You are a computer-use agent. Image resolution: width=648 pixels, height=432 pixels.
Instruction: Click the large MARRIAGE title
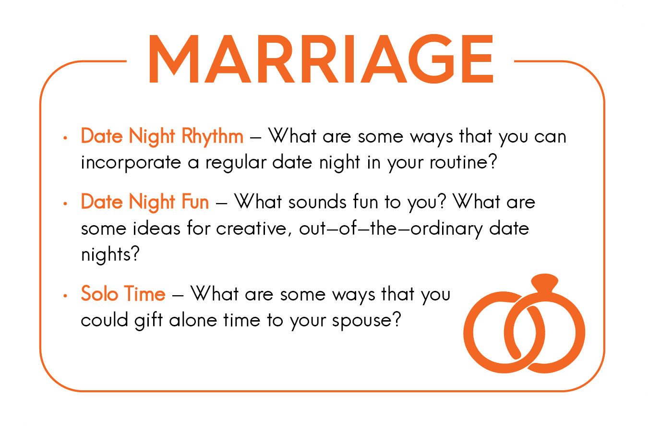point(321,59)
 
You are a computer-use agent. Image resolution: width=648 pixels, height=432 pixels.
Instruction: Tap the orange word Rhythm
point(212,136)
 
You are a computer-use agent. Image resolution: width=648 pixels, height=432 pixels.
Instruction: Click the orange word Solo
point(99,294)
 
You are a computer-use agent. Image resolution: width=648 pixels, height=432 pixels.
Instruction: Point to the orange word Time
point(145,294)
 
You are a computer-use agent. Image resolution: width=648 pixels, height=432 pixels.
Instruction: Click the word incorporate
point(131,163)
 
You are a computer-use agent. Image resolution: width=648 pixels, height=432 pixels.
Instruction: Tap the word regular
point(236,163)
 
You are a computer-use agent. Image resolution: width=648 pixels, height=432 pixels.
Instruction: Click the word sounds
point(317,202)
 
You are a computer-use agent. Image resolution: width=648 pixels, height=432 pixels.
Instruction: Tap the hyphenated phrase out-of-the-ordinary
point(391,228)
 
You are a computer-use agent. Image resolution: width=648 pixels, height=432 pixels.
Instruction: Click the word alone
point(192,320)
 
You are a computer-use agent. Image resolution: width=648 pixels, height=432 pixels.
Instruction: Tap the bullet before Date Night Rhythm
point(65,138)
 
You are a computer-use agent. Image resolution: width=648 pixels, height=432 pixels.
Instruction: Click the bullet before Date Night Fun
point(65,204)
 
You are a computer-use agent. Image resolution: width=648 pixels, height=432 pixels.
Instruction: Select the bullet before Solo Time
point(65,296)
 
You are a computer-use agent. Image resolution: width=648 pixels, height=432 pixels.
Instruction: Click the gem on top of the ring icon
point(544,282)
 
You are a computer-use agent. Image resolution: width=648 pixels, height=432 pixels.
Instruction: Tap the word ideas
point(156,228)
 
